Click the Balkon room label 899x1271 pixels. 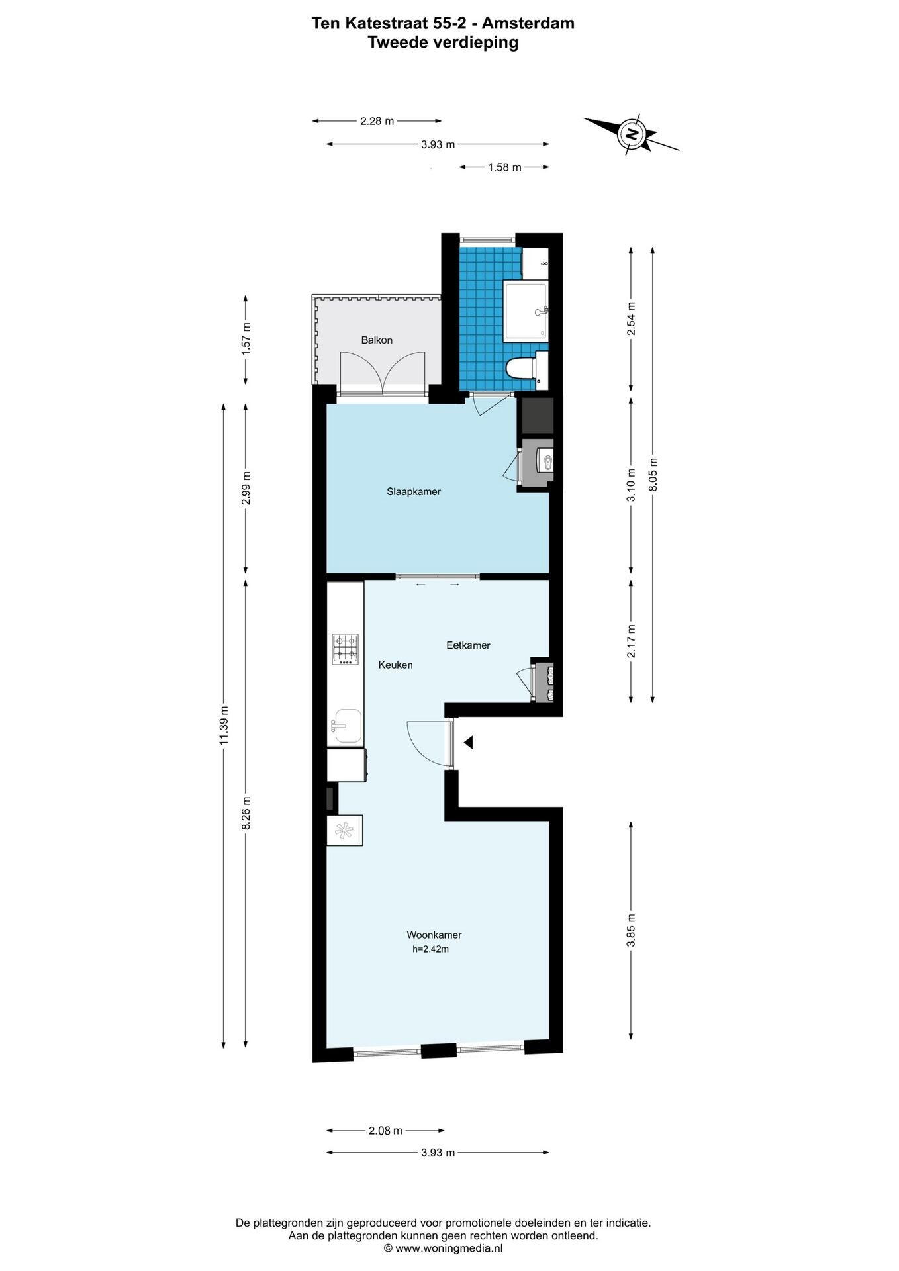click(376, 340)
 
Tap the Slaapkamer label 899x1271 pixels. click(413, 492)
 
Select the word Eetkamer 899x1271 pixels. click(468, 645)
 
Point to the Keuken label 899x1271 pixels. click(395, 665)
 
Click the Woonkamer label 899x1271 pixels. click(434, 935)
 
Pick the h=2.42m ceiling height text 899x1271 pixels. click(430, 949)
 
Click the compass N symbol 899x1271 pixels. click(632, 134)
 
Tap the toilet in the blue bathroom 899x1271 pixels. click(520, 367)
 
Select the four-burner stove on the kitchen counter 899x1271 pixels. click(346, 649)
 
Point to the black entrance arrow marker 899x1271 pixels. click(468, 743)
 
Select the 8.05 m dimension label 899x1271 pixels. click(653, 475)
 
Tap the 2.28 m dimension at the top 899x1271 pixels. click(377, 121)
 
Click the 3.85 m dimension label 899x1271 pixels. click(631, 930)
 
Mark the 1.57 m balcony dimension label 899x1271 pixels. click(246, 338)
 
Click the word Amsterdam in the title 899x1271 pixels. click(528, 23)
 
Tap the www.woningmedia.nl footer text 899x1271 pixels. click(449, 1248)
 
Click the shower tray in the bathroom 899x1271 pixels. click(526, 311)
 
